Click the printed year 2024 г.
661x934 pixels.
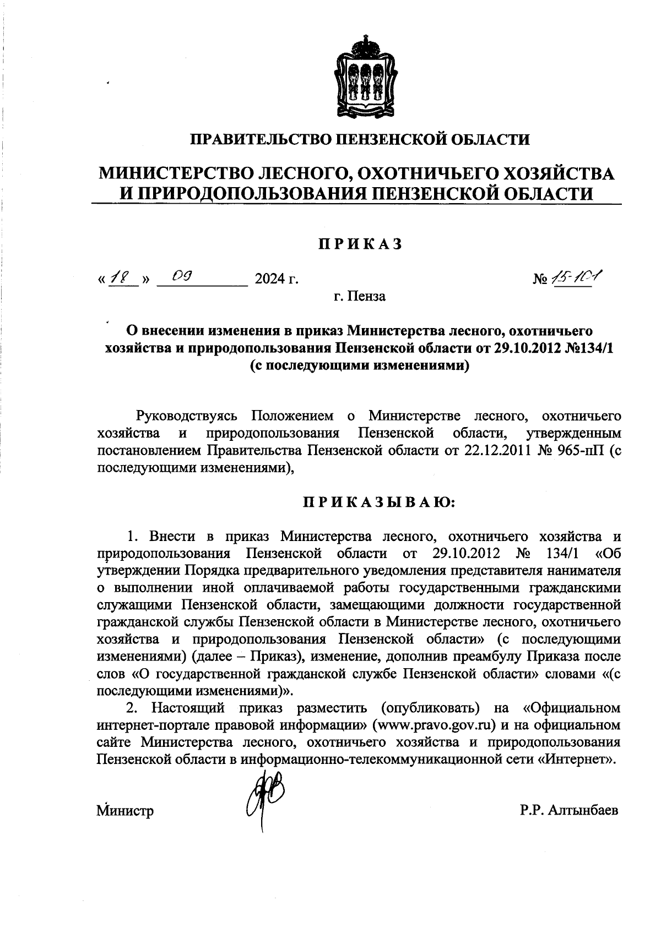276,280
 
